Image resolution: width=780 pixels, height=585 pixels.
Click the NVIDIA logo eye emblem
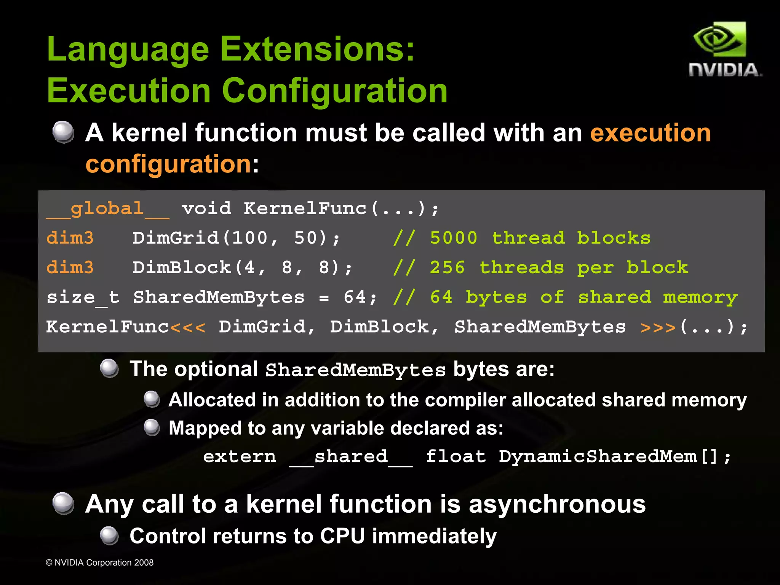[x=719, y=40]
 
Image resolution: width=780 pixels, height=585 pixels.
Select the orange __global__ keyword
[x=107, y=209]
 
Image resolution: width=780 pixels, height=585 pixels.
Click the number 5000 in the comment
[x=453, y=238]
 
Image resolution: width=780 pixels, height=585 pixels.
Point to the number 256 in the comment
[x=447, y=268]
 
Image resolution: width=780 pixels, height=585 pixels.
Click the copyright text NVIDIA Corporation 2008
[x=100, y=563]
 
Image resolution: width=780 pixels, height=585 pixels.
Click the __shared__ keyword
[x=351, y=456]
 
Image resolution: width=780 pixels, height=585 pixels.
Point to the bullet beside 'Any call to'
[x=63, y=503]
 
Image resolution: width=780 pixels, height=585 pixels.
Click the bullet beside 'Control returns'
[x=109, y=536]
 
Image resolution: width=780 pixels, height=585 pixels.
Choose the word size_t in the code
[x=83, y=297]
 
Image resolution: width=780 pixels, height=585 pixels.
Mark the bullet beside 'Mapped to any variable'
[x=152, y=427]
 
